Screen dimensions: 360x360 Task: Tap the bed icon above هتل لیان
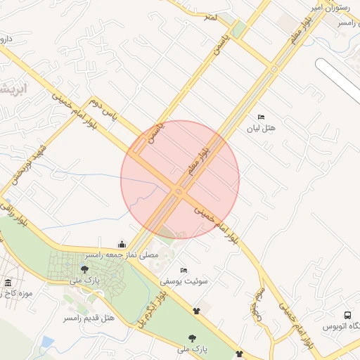click(261, 117)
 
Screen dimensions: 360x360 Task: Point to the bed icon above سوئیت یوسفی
click(184, 270)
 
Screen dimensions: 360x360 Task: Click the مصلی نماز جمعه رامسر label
click(122, 255)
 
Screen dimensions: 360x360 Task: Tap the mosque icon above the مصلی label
click(122, 245)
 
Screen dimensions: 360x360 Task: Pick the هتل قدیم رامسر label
click(89, 318)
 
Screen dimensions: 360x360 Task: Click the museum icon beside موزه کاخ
click(8, 283)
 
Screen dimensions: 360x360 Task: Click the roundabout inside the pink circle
click(179, 191)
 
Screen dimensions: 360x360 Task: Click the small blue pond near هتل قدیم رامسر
click(47, 343)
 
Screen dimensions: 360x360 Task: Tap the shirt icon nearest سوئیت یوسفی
click(196, 308)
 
